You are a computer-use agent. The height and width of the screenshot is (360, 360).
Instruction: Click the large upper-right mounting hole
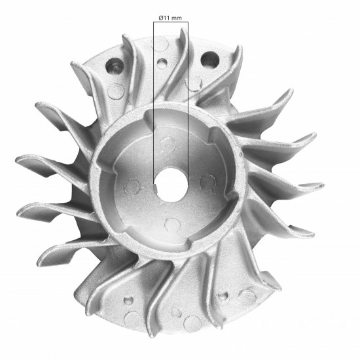coord(209,61)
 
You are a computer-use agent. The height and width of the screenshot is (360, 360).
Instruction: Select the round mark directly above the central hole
coord(170,143)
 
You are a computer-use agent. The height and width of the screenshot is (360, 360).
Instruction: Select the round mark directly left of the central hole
coord(132,186)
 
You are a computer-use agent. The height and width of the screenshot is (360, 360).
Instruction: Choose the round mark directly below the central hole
coord(172,225)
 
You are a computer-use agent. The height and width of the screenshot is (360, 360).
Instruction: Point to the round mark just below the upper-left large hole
coord(117,90)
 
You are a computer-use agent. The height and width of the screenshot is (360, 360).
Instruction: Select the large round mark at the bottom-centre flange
coord(192,323)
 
